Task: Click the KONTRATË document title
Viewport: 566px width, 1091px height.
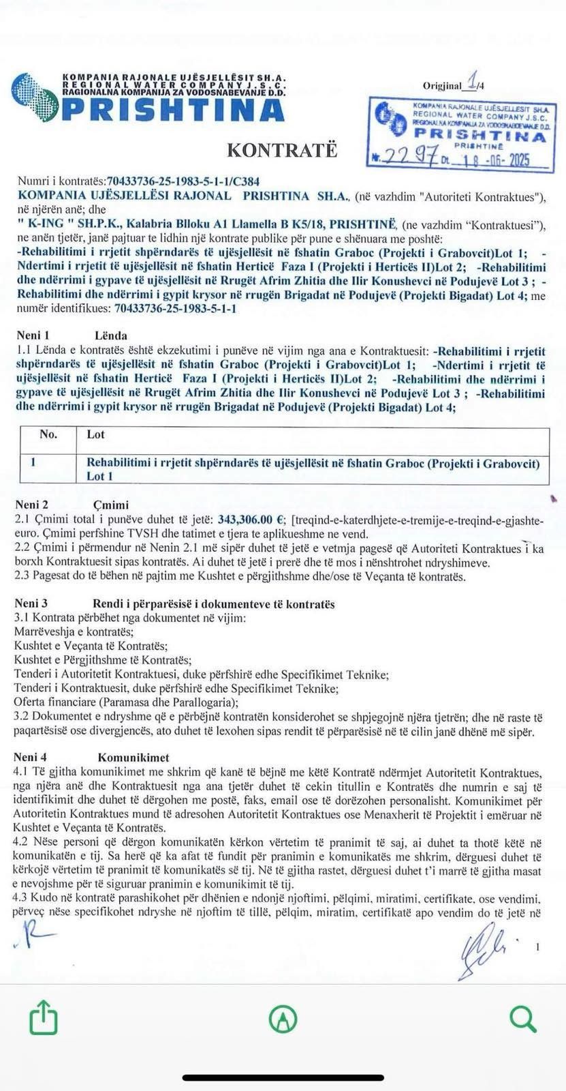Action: click(x=281, y=149)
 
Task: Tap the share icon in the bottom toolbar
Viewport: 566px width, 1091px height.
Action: click(x=44, y=1018)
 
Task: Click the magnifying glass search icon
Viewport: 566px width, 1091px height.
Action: click(x=522, y=1019)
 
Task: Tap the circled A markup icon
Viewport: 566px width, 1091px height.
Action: click(x=283, y=1019)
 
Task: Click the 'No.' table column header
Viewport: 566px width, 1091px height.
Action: click(x=48, y=434)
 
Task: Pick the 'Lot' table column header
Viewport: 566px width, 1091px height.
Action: click(x=95, y=434)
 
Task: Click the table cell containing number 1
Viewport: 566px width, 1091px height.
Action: click(x=33, y=462)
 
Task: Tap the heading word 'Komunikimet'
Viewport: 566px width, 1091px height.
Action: click(x=133, y=758)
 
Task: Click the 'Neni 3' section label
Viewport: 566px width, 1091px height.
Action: click(x=31, y=603)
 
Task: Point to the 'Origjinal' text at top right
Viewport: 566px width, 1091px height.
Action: click(x=441, y=86)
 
